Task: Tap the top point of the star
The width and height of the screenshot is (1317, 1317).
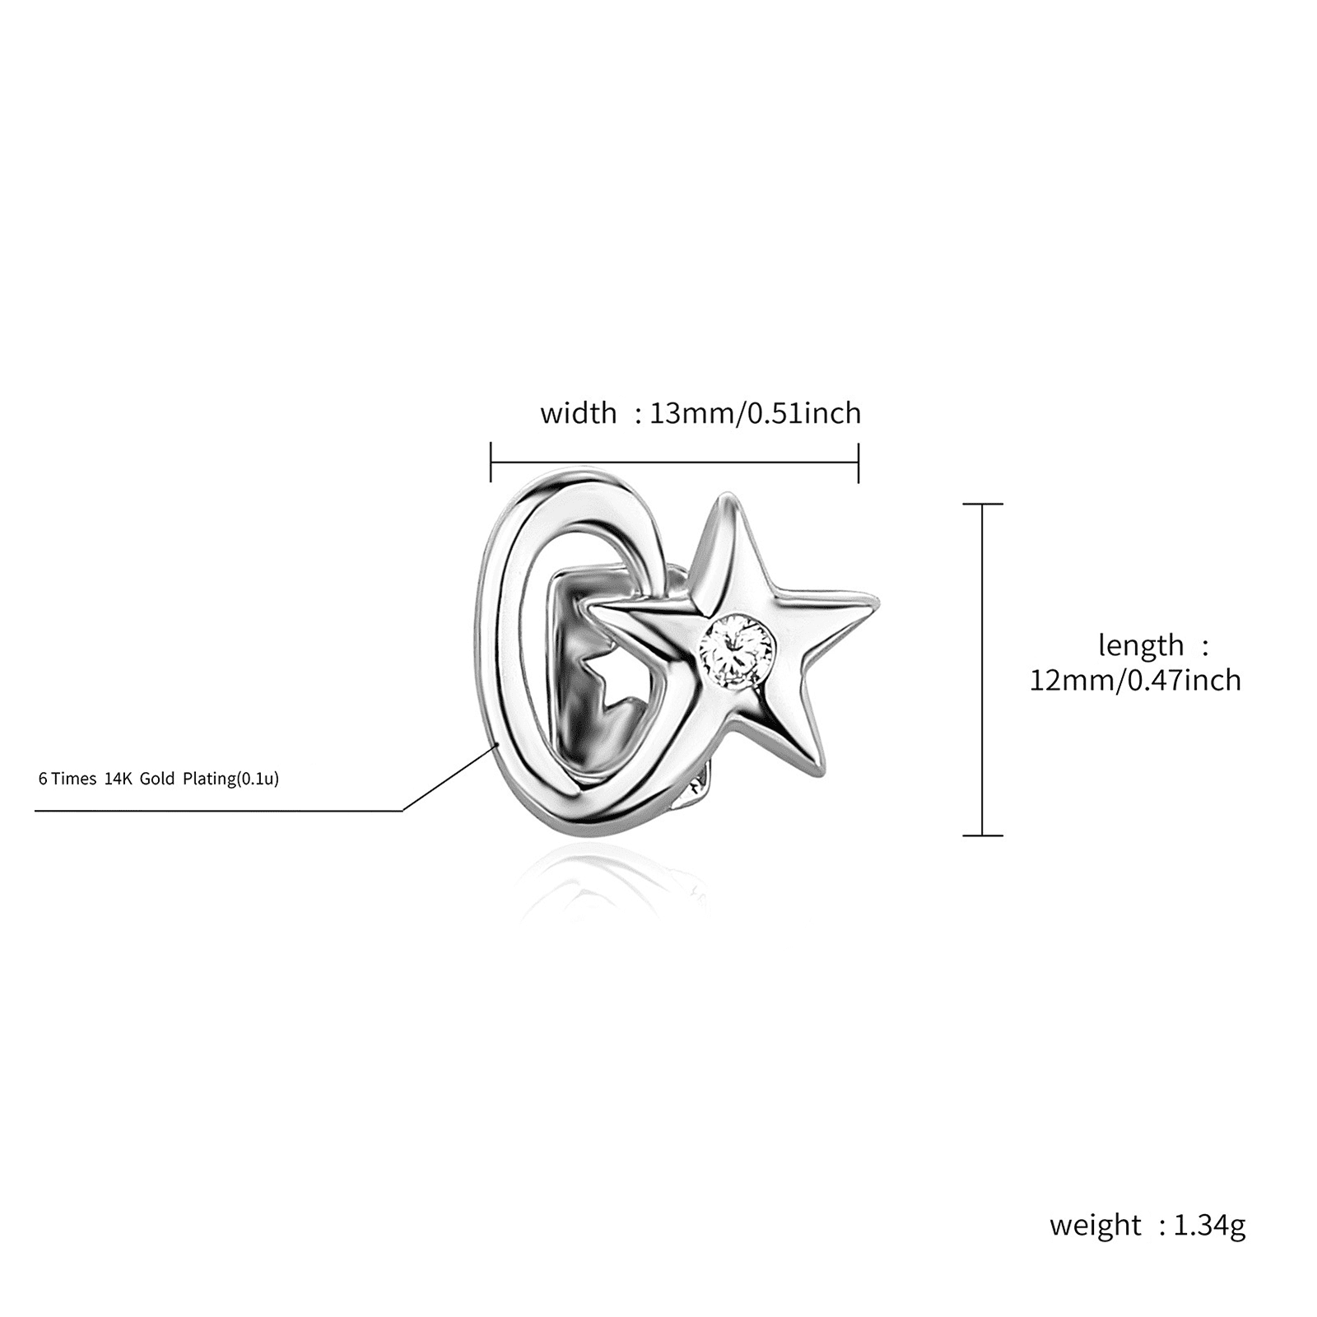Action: pyautogui.click(x=724, y=496)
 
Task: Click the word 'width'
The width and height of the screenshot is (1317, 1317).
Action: pyautogui.click(x=578, y=412)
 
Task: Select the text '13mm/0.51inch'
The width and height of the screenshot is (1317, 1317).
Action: pyautogui.click(x=756, y=412)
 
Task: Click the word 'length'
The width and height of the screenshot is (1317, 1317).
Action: pyautogui.click(x=1141, y=645)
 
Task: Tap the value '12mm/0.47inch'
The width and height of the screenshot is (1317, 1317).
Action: pyautogui.click(x=1135, y=681)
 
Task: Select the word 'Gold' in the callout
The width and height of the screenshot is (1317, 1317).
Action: pyautogui.click(x=157, y=779)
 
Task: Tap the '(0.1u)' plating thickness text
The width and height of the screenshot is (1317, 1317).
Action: pyautogui.click(x=258, y=779)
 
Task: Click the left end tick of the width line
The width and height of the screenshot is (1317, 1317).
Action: pyautogui.click(x=491, y=462)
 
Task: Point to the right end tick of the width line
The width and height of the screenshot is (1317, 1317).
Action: pyautogui.click(x=859, y=463)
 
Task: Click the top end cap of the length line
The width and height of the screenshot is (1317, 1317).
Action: pyautogui.click(x=983, y=504)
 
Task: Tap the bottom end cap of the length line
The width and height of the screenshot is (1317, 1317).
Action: pyautogui.click(x=983, y=835)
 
